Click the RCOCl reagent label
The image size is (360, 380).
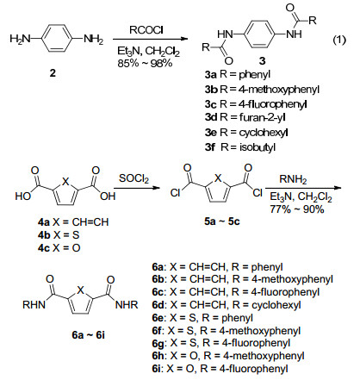click(146, 30)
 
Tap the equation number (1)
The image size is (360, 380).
click(339, 40)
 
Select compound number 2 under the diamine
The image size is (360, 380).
click(53, 73)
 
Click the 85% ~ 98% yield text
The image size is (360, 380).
click(145, 63)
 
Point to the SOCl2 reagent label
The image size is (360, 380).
click(133, 178)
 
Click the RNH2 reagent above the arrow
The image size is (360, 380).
click(293, 179)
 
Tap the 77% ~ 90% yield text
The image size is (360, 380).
click(297, 209)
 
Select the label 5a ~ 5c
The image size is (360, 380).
click(222, 221)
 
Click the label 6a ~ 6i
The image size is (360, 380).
click(89, 335)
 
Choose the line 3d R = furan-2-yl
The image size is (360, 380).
click(245, 117)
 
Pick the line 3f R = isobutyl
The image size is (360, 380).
click(240, 147)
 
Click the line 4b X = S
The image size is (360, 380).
click(59, 235)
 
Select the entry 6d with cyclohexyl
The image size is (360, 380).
click(227, 305)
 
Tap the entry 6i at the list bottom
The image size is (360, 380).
click(220, 369)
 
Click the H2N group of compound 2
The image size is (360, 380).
click(20, 39)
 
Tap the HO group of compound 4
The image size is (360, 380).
click(23, 196)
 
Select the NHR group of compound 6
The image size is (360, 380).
click(127, 305)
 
